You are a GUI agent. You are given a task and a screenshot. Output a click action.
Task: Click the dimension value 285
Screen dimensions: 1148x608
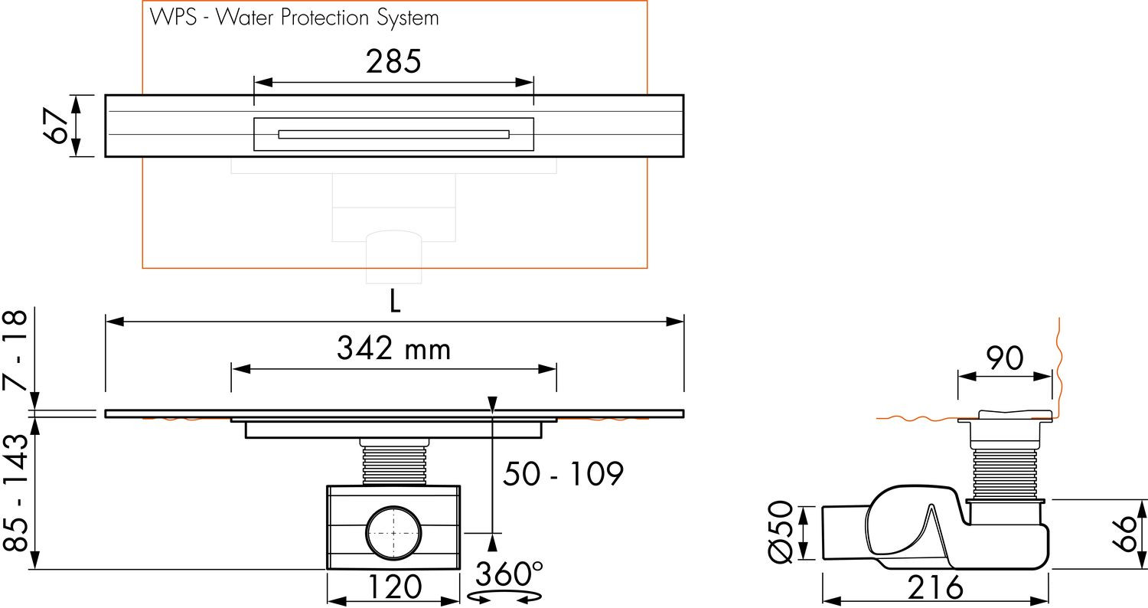tap(393, 61)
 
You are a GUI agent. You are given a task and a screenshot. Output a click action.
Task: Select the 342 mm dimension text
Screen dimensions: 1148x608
tap(393, 348)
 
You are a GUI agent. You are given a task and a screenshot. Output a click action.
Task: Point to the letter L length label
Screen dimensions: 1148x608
tap(395, 301)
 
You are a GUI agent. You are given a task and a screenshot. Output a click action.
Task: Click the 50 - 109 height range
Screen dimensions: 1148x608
tap(563, 474)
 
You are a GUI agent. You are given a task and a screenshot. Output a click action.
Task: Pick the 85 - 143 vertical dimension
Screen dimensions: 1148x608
tap(16, 492)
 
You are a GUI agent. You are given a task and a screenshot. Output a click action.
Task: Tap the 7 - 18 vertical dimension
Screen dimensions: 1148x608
tap(16, 350)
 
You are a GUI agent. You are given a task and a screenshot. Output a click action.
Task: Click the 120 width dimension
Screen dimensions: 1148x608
tap(395, 587)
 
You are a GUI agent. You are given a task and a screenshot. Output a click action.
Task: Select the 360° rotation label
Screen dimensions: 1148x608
tap(509, 574)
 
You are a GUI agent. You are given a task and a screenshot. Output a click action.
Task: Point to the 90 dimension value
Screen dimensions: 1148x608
tap(1005, 358)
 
